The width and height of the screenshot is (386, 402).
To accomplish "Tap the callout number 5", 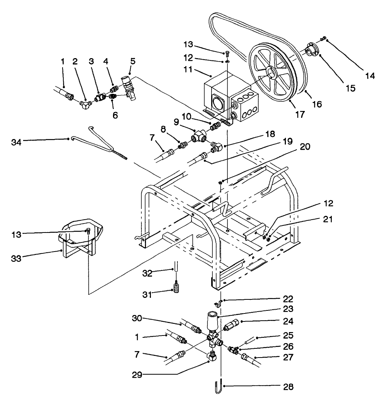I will [132, 60].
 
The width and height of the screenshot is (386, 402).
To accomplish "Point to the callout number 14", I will [370, 76].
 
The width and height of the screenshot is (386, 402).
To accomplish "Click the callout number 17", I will [300, 114].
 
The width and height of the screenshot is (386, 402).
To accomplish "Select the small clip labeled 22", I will [218, 304].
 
